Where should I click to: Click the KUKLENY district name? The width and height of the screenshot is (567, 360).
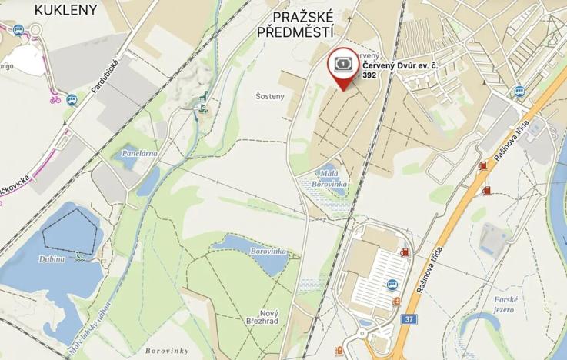tap(66, 10)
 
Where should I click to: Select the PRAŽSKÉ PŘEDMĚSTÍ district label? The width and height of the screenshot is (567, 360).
tap(296, 23)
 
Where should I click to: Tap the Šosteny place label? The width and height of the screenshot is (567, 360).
tap(270, 96)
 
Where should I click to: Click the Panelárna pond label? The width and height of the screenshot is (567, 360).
tap(139, 153)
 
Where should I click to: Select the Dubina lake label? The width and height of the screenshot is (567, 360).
tap(52, 259)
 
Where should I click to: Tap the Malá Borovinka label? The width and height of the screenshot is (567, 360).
tap(329, 180)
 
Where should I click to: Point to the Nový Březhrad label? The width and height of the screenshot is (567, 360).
tap(268, 316)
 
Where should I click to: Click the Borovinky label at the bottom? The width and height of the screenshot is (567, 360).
tap(166, 350)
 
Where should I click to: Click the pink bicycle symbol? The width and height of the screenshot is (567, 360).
tap(55, 99)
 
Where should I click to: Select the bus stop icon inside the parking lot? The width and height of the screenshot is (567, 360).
tap(394, 282)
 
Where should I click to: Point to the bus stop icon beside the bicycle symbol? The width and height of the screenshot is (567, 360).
tap(72, 99)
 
